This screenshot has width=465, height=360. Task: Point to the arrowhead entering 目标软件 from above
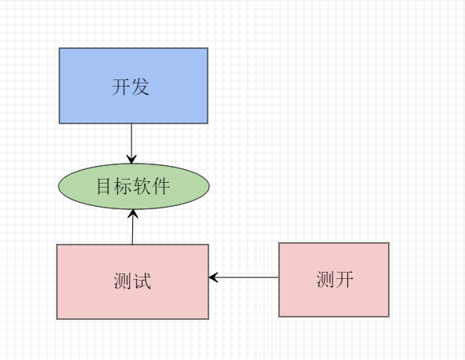pos(132,159)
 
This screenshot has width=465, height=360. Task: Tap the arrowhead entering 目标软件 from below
pos(133,214)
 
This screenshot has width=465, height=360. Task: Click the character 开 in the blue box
pos(121,87)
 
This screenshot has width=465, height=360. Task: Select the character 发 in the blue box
pos(140,87)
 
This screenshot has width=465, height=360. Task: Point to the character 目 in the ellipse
pos(104,187)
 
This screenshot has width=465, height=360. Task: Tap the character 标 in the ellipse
pos(123,187)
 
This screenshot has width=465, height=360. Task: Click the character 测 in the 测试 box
pos(123,281)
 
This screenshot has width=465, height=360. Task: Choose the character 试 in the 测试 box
pos(142,281)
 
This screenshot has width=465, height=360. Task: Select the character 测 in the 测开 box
pos(325,280)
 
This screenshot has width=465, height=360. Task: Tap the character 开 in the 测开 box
pos(344,280)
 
